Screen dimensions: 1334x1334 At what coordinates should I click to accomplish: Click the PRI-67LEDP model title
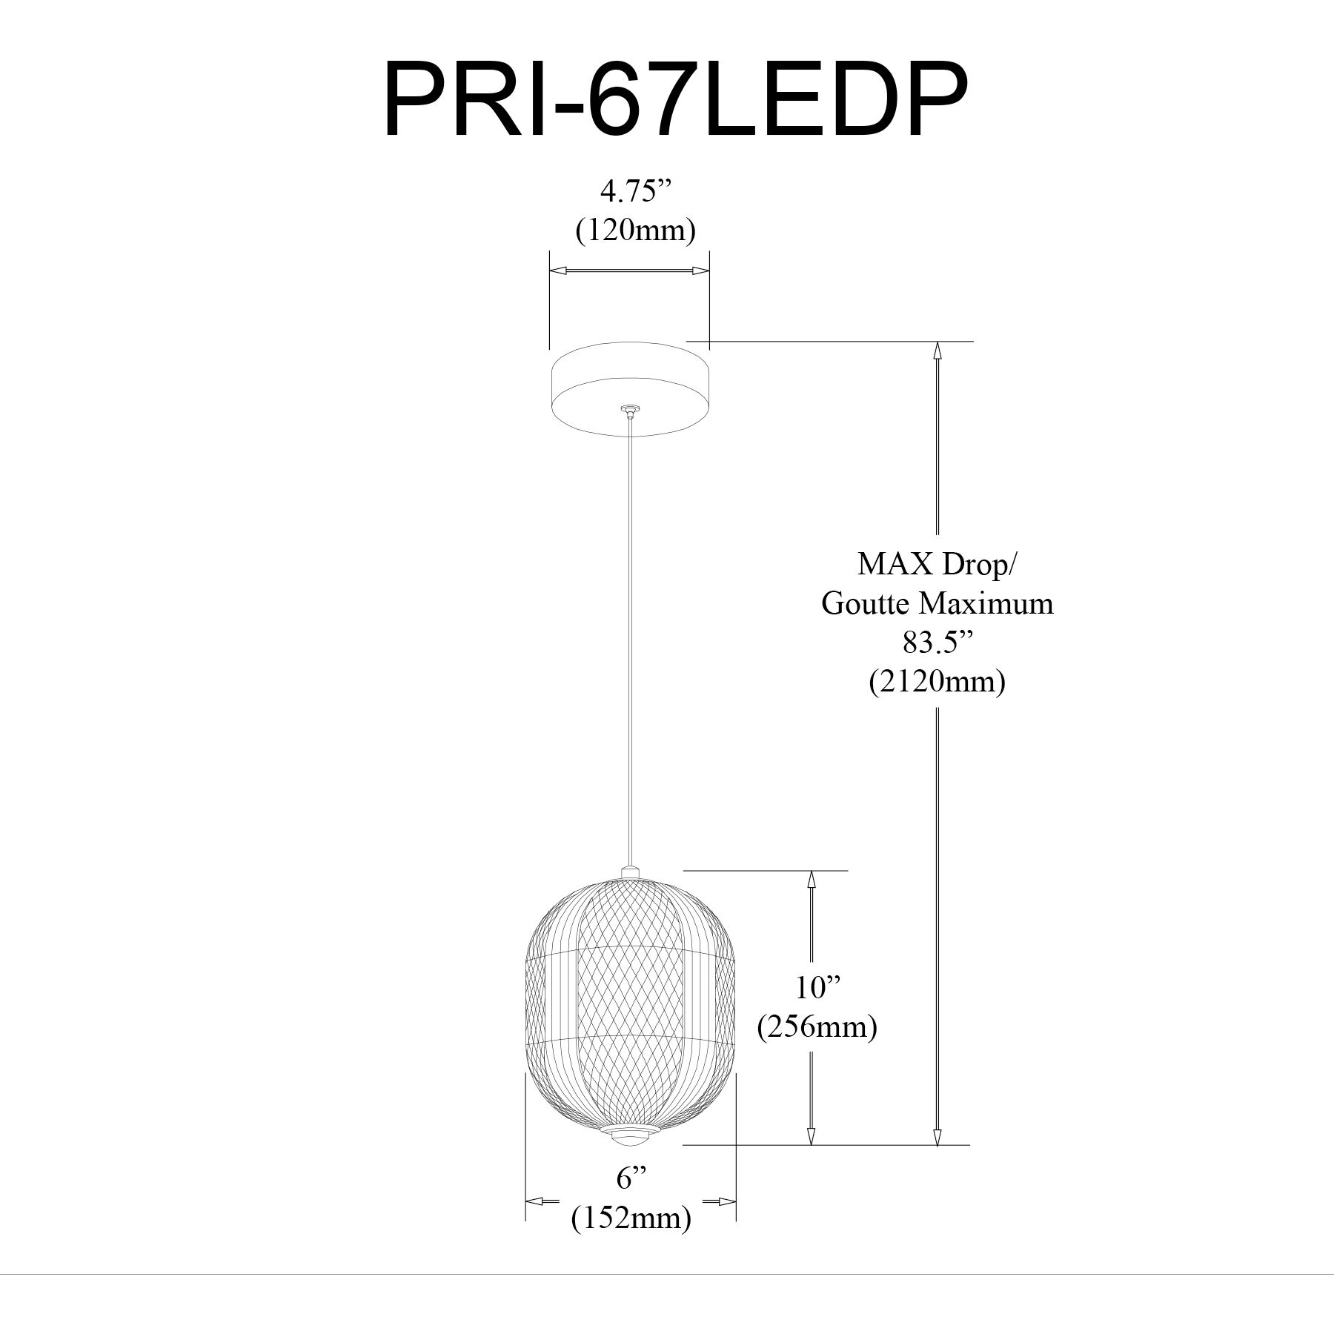675,101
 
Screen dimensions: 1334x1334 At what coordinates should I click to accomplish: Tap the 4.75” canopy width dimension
628,192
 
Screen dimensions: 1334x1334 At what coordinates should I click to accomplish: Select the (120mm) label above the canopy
635,230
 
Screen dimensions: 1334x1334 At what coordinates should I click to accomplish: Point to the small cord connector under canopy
629,410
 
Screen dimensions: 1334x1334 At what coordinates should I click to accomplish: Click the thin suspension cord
629,637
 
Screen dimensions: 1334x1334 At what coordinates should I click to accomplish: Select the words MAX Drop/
937,565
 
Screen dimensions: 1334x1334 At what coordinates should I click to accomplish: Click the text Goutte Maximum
937,603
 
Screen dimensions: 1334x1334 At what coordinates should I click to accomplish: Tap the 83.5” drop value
937,642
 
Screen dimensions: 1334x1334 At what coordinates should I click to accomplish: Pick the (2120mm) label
937,681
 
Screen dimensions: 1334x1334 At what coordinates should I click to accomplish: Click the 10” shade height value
818,988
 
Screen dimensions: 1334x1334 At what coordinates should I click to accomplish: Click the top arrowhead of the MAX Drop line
937,351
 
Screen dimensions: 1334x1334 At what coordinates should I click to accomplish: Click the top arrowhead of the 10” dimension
812,880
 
